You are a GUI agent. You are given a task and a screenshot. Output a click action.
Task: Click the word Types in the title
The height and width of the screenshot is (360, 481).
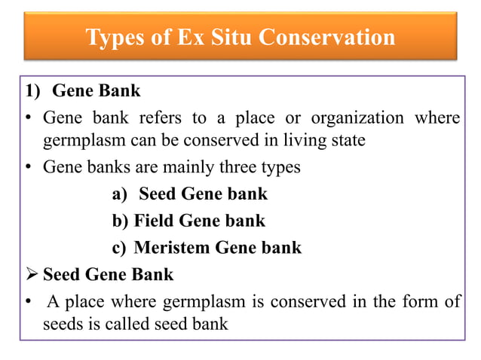pyautogui.click(x=113, y=37)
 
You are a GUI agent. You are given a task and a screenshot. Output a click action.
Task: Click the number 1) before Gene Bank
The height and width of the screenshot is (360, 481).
pyautogui.click(x=31, y=92)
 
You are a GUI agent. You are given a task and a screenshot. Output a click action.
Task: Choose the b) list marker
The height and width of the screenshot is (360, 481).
pyautogui.click(x=120, y=221)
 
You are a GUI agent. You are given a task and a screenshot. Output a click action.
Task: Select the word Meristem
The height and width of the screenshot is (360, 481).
pyautogui.click(x=174, y=247)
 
